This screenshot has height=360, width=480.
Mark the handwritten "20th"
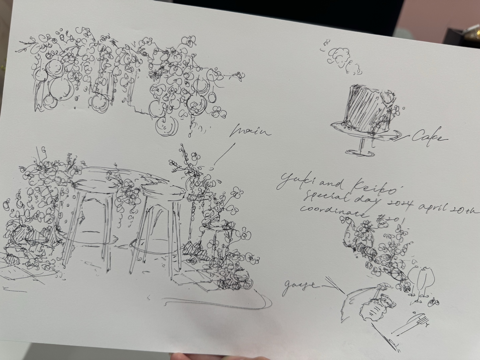coord(465,211)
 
